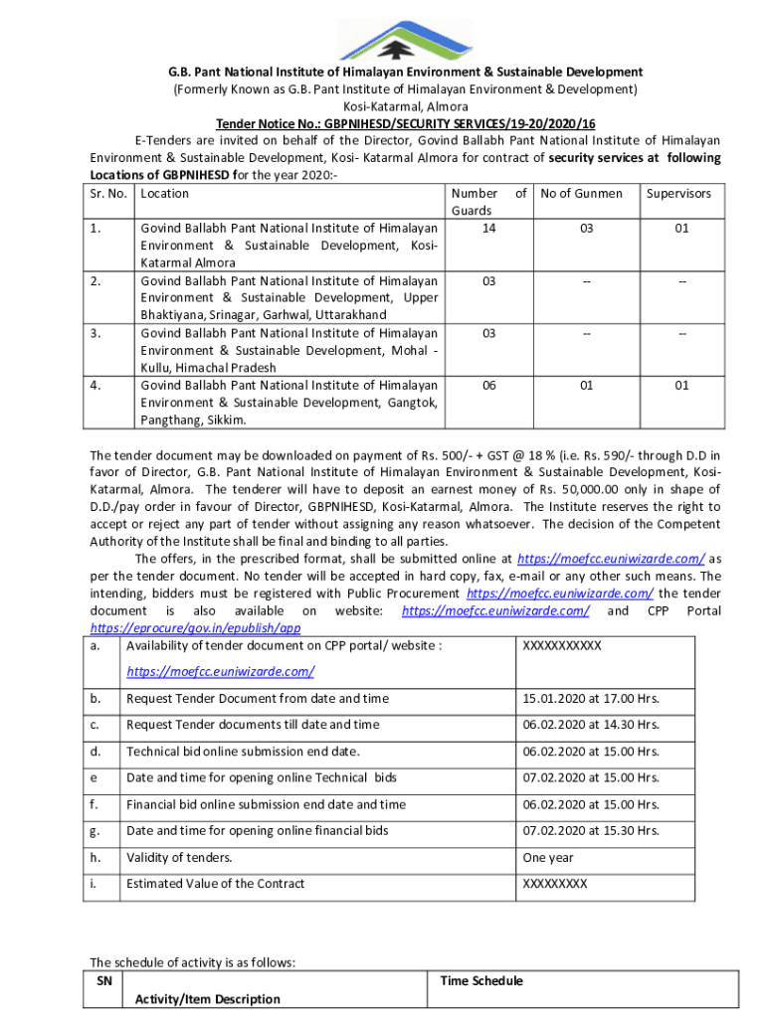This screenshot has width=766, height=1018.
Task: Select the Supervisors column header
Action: click(x=678, y=193)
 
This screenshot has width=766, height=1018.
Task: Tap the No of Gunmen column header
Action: click(x=581, y=193)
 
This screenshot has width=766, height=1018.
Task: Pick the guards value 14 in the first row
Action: click(x=488, y=228)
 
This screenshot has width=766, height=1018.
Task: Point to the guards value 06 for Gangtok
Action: click(x=488, y=386)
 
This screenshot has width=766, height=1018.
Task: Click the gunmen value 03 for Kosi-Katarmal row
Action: click(x=586, y=228)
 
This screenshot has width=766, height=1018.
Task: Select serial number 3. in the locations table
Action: click(x=96, y=333)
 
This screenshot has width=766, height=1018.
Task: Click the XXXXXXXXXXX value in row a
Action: click(x=562, y=646)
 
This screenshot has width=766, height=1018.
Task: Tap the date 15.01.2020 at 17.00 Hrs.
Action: click(x=590, y=699)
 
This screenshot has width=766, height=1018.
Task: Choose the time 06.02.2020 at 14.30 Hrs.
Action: click(x=590, y=725)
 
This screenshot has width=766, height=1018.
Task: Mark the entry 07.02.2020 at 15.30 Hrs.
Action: click(x=590, y=830)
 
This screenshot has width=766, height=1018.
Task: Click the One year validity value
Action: click(x=548, y=857)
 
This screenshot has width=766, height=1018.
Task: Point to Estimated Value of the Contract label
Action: click(x=215, y=883)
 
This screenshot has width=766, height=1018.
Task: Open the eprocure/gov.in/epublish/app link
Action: click(x=195, y=628)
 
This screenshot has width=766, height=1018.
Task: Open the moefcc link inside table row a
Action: click(x=220, y=672)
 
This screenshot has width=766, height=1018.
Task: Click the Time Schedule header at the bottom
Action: click(x=480, y=981)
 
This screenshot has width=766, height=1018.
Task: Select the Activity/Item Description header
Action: click(x=207, y=998)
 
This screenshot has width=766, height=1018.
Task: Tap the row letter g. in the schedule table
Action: click(x=95, y=830)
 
